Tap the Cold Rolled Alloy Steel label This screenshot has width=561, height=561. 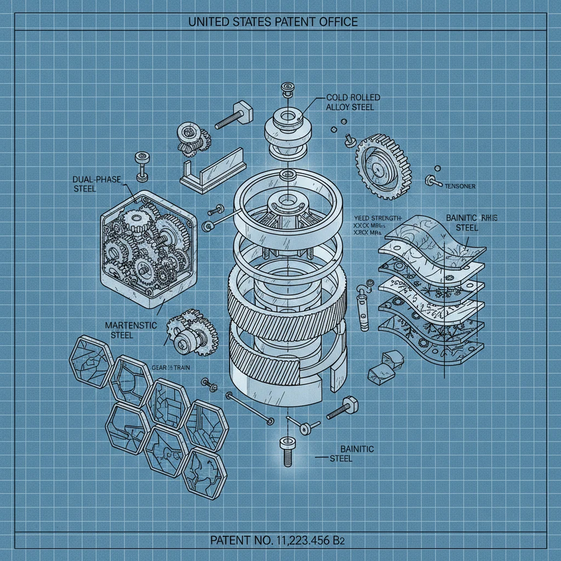353,102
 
